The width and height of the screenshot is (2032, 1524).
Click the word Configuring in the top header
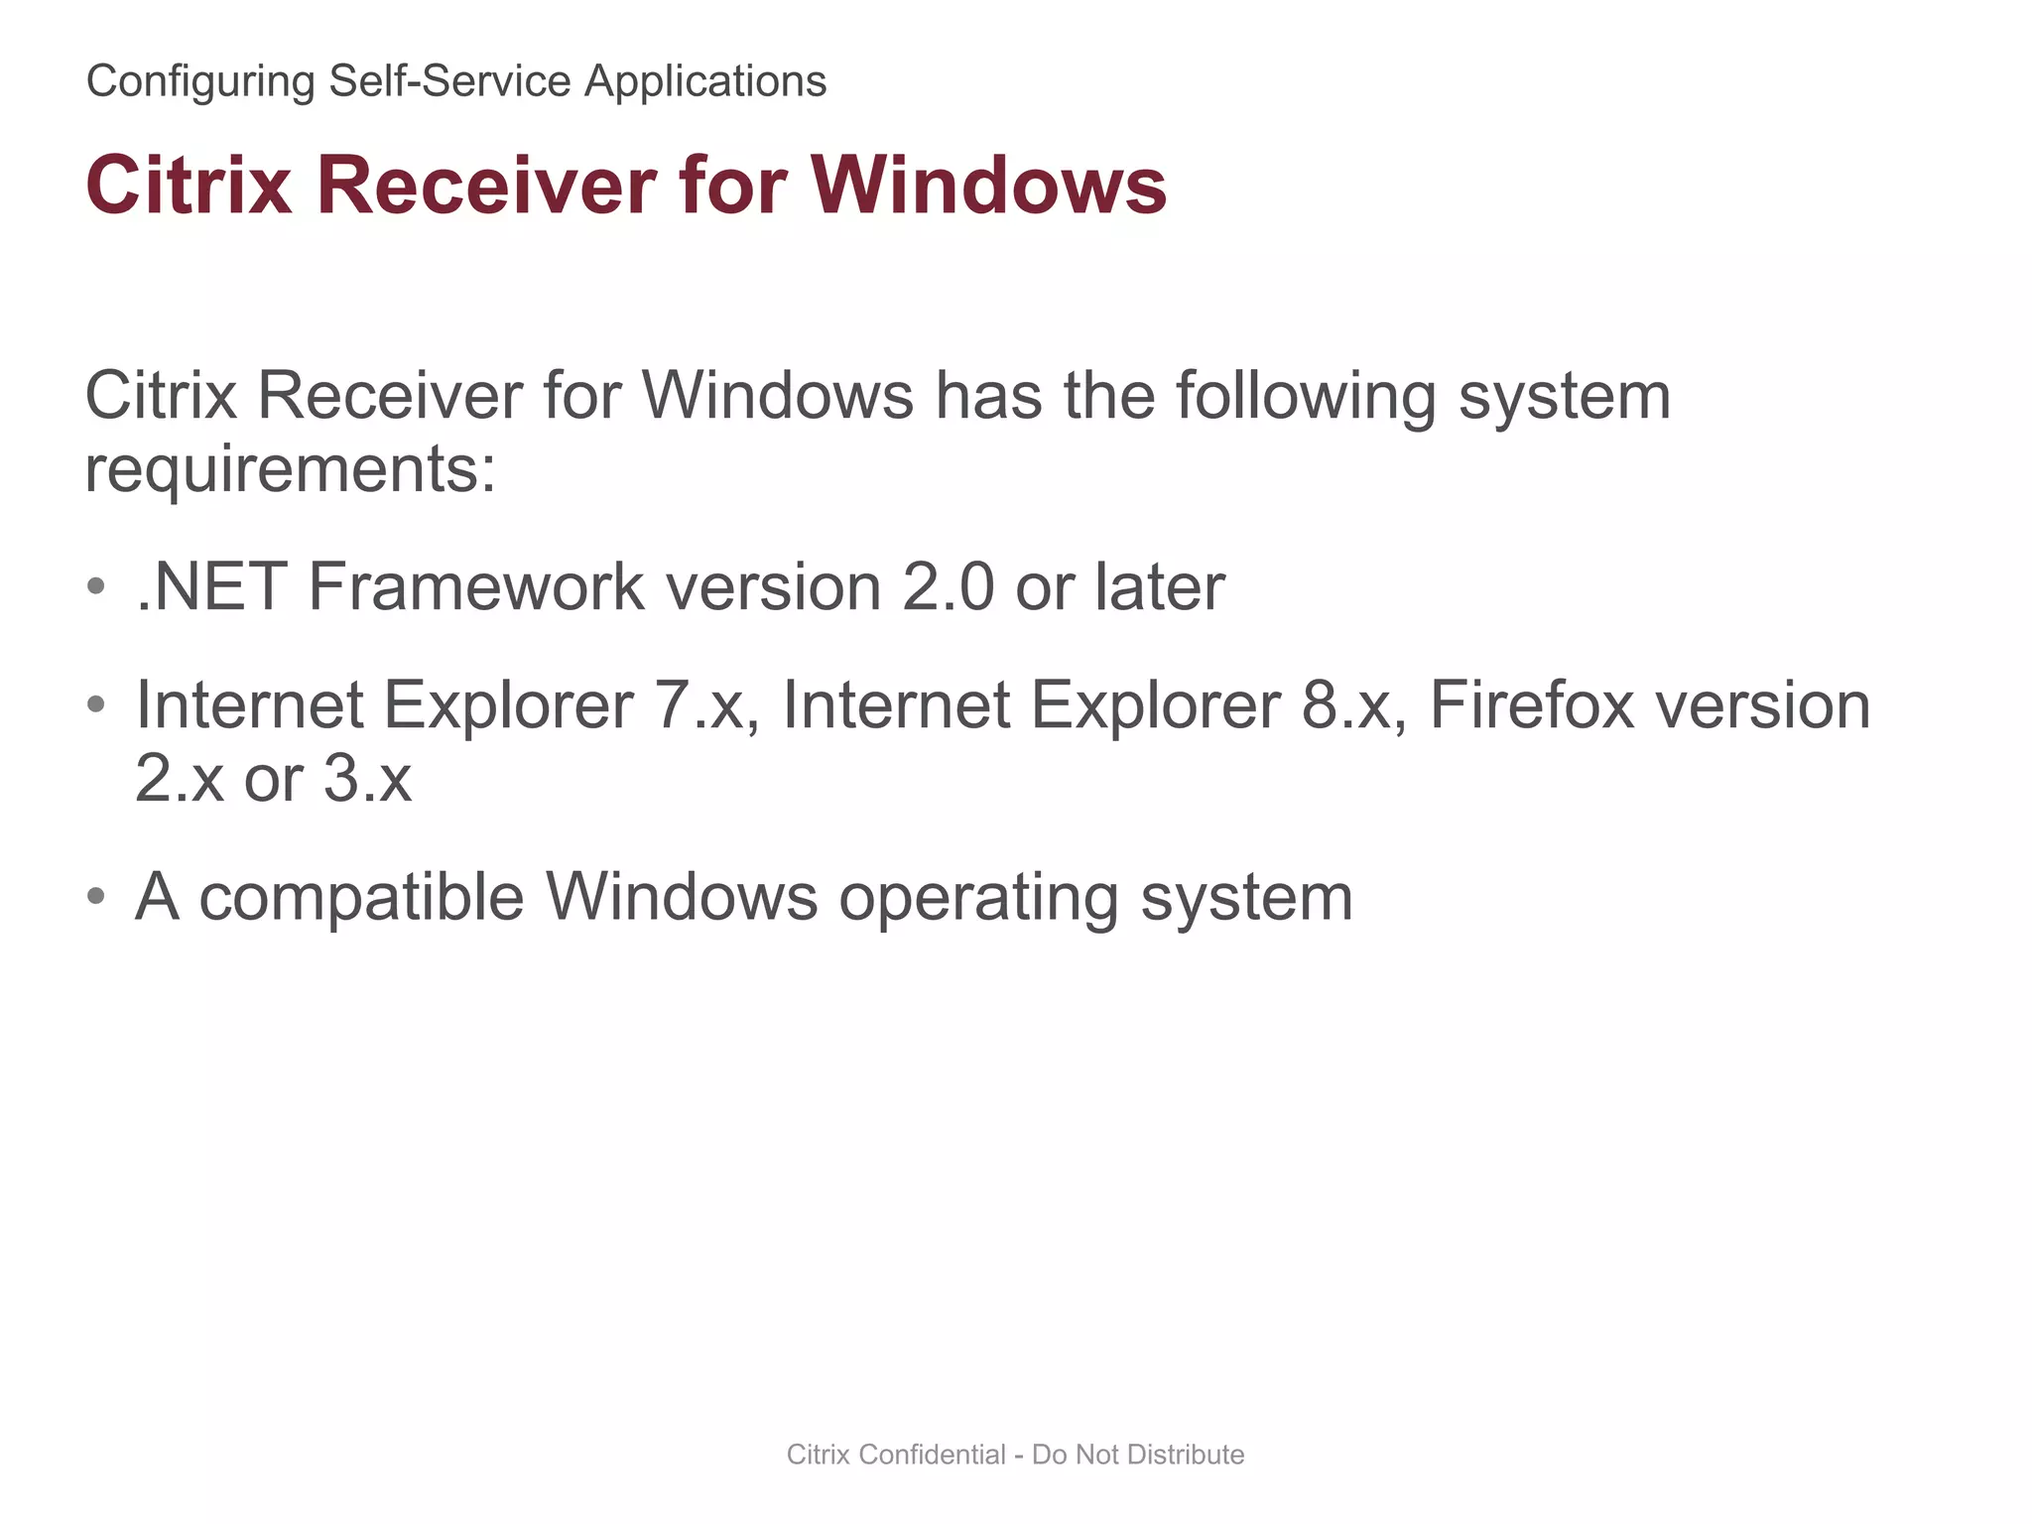pyautogui.click(x=199, y=81)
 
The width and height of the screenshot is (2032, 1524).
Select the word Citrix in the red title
pyautogui.click(x=189, y=186)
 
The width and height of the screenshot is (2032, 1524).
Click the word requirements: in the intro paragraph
pyautogui.click(x=290, y=469)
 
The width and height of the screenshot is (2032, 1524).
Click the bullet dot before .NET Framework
pyautogui.click(x=96, y=586)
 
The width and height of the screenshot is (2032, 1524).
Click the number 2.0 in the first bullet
pyautogui.click(x=948, y=586)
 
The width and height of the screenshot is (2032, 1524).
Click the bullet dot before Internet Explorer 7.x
pyautogui.click(x=96, y=704)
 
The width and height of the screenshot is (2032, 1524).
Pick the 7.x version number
pyautogui.click(x=706, y=704)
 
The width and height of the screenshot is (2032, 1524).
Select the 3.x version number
pyautogui.click(x=366, y=779)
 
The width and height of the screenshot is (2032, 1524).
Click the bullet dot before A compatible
pyautogui.click(x=96, y=896)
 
